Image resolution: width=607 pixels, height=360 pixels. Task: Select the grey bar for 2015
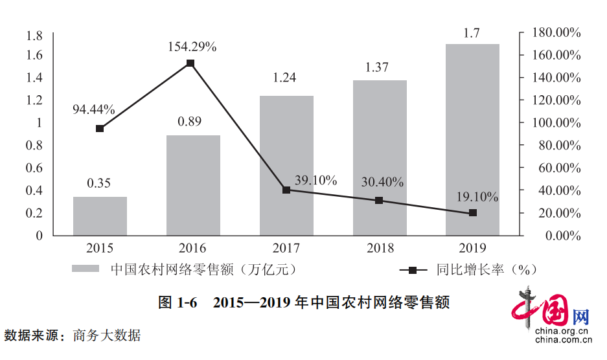click(100, 216)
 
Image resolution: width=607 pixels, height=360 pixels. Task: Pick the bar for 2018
click(380, 158)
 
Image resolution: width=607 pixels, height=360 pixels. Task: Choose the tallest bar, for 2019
click(472, 140)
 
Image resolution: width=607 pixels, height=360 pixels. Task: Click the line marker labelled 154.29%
click(190, 63)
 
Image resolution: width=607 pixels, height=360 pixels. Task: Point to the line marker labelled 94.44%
click(100, 129)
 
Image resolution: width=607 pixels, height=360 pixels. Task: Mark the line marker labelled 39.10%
click(286, 190)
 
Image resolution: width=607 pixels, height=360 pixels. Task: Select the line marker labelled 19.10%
click(472, 212)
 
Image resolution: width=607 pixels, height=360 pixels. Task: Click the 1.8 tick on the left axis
click(34, 35)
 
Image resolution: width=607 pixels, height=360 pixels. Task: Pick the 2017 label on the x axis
click(286, 248)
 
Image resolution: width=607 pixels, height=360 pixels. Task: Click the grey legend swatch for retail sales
click(85, 269)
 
